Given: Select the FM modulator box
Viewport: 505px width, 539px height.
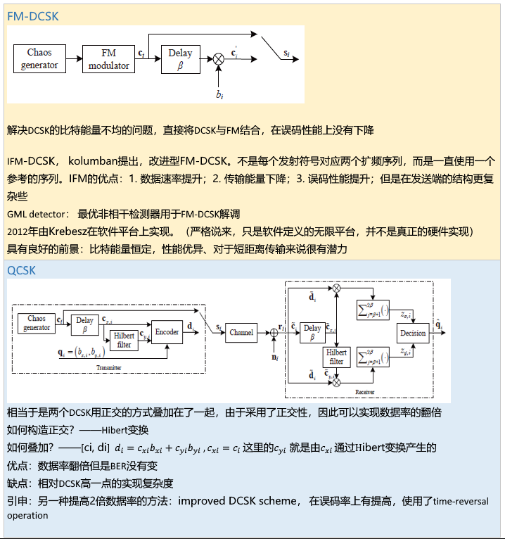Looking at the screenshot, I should [108, 59].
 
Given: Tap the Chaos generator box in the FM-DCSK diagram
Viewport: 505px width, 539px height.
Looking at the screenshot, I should [39, 59].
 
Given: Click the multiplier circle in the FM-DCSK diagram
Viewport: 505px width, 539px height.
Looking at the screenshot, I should [219, 60].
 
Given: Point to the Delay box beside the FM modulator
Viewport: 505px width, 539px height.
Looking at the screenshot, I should [180, 59].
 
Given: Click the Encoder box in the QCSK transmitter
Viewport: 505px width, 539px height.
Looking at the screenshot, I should [166, 332].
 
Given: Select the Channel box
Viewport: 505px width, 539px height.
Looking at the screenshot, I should [241, 332].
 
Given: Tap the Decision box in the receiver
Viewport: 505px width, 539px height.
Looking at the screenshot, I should [413, 333].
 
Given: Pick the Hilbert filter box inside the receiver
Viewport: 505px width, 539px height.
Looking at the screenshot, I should [337, 357].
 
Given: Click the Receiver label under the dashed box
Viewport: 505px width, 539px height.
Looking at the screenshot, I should [364, 391].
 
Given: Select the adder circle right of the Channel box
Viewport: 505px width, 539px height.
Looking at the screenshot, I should [274, 332].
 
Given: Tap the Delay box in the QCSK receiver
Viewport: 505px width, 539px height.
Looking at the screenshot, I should [312, 332].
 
